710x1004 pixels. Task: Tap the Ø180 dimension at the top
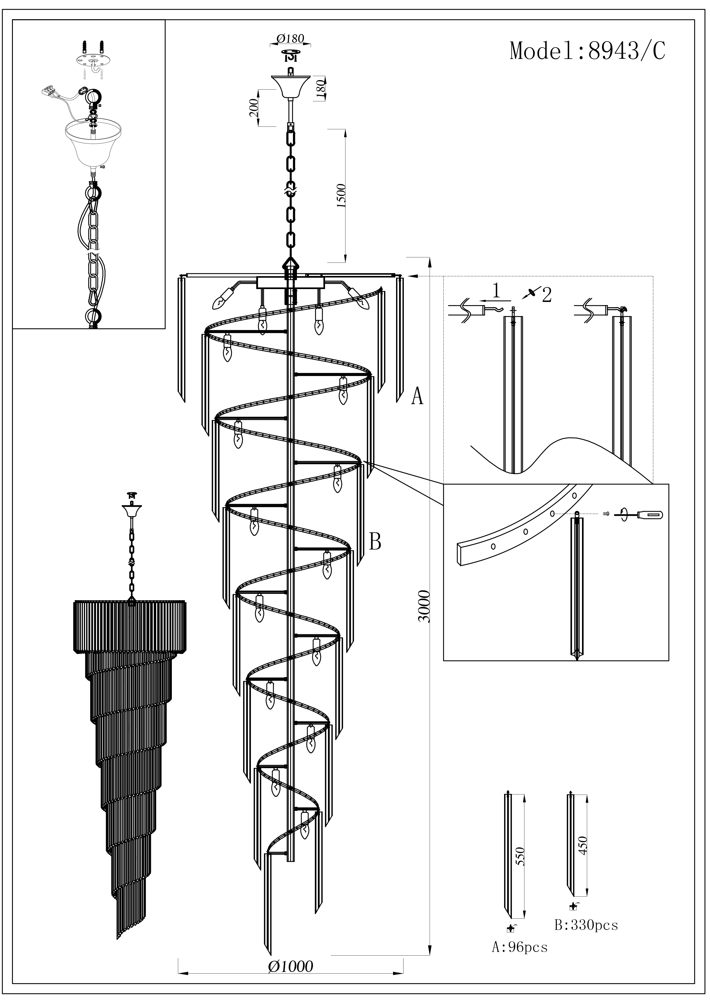pyautogui.click(x=290, y=38)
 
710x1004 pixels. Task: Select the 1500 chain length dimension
pyautogui.click(x=342, y=195)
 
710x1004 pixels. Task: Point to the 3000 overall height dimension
pyautogui.click(x=424, y=606)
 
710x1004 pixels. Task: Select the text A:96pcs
pyautogui.click(x=520, y=947)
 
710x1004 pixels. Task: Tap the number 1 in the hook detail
pyautogui.click(x=496, y=290)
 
